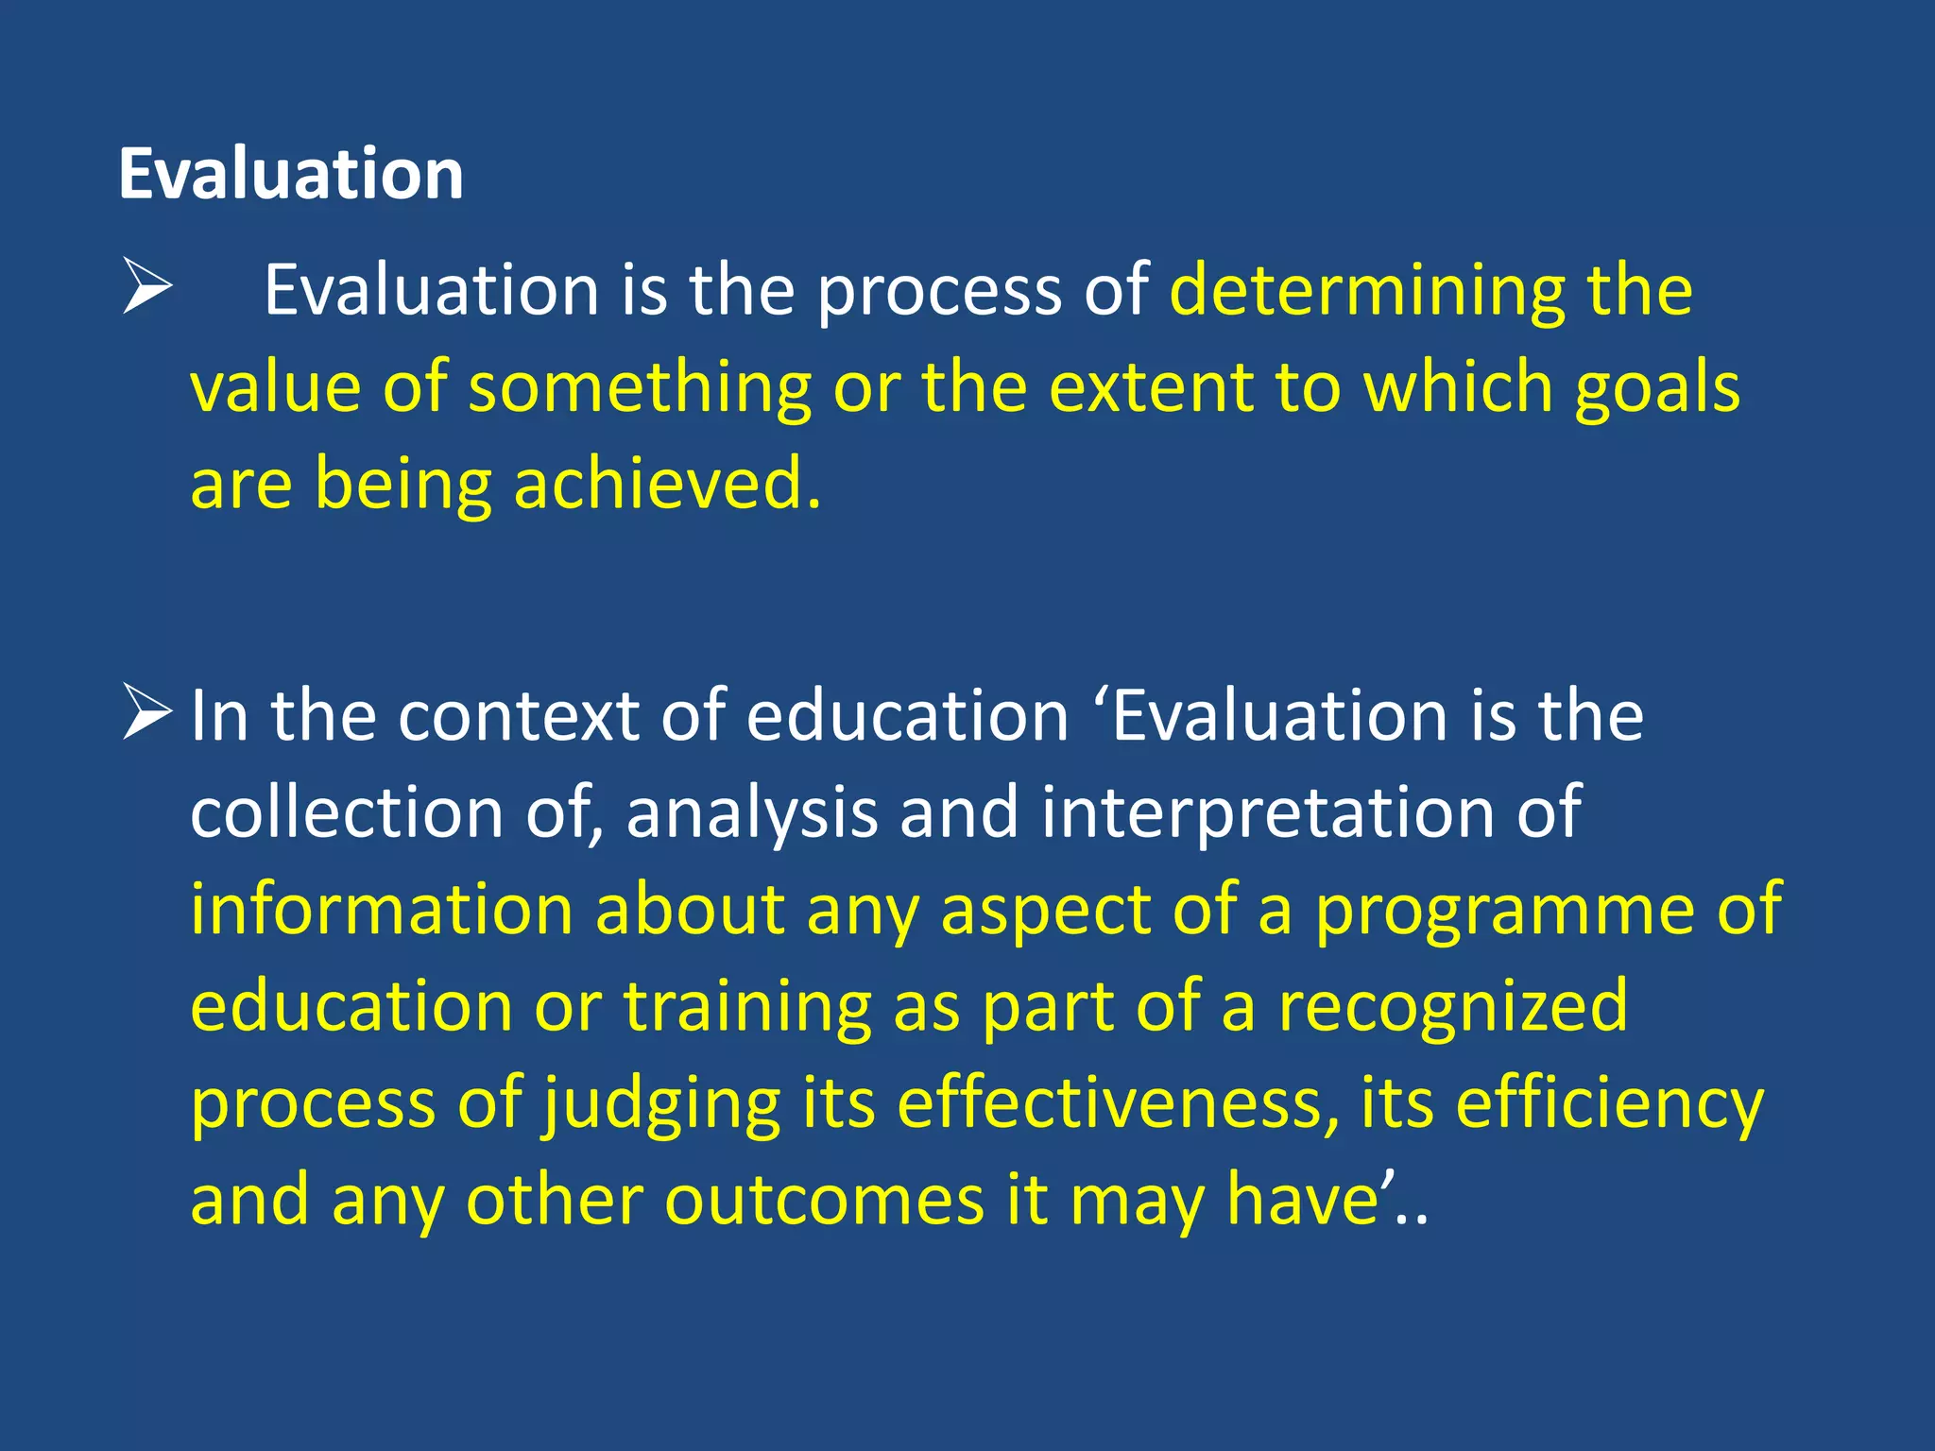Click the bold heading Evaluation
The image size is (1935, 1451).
[291, 175]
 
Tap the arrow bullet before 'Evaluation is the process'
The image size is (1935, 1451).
[147, 288]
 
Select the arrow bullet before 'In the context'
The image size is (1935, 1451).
[147, 714]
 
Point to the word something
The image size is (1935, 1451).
[640, 387]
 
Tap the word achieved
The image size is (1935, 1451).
[666, 484]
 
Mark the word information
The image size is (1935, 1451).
[382, 910]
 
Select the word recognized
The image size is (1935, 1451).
[1453, 1008]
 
